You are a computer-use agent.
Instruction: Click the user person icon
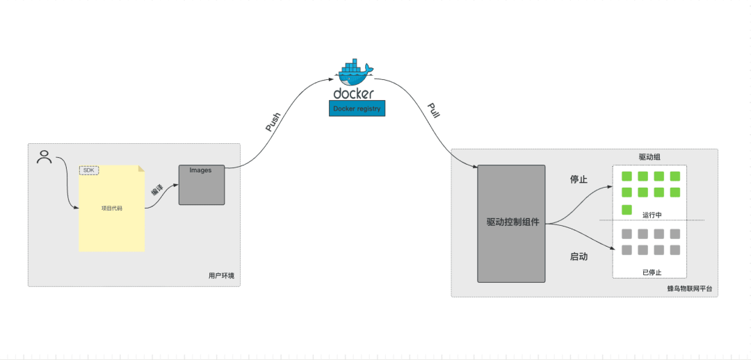[x=45, y=157]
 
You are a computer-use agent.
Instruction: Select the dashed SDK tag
[x=88, y=170]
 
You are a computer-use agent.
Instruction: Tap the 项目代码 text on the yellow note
[x=111, y=208]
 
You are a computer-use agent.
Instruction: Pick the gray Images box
[x=202, y=185]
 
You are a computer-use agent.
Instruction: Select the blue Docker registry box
[x=356, y=108]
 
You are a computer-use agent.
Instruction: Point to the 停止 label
[x=579, y=179]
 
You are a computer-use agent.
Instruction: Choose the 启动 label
[x=579, y=256]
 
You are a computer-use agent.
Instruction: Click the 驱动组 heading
[x=649, y=157]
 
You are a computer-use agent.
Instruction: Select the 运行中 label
[x=652, y=215]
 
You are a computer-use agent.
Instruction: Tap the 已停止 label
[x=652, y=272]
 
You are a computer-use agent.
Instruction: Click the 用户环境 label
[x=221, y=276]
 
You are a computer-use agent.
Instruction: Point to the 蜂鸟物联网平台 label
[x=689, y=288]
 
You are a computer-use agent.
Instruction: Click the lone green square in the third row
[x=627, y=209]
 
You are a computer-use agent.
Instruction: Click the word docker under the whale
[x=353, y=93]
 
